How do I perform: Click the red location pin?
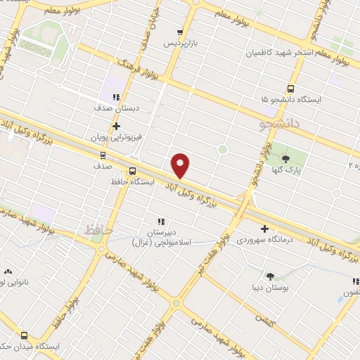pyautogui.click(x=181, y=165)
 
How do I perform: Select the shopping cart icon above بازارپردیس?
pyautogui.click(x=180, y=32)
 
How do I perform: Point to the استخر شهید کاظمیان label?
pyautogui.click(x=278, y=53)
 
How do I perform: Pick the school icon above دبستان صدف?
pyautogui.click(x=116, y=98)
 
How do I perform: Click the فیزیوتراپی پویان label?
pyautogui.click(x=116, y=138)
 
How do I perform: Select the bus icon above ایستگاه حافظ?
pyautogui.click(x=132, y=170)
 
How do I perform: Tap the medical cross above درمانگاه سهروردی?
pyautogui.click(x=264, y=229)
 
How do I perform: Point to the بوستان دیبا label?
pyautogui.click(x=269, y=288)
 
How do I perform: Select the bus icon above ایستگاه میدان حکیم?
pyautogui.click(x=25, y=336)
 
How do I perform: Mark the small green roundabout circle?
pyautogui.click(x=222, y=148)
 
